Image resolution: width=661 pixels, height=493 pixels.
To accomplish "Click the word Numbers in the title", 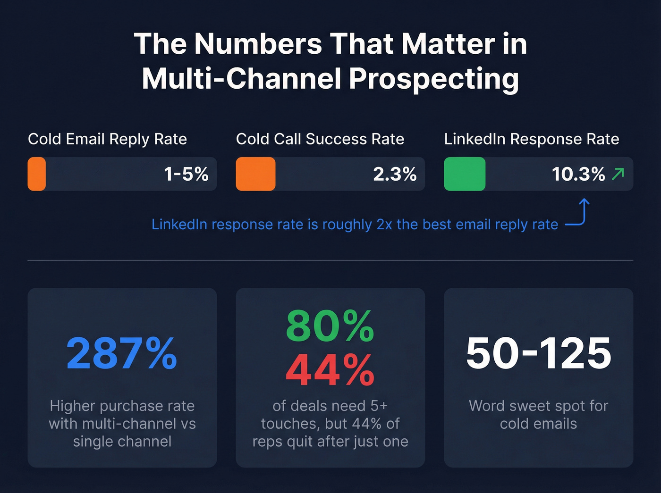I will pos(258,44).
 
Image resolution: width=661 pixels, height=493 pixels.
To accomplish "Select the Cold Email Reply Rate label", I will pos(107,139).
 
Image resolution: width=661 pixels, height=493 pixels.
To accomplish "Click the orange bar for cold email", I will pos(37,174).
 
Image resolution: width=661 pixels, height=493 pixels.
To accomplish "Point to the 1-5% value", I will pos(186,174).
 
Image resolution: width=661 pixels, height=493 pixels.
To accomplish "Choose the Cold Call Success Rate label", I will pos(320,139).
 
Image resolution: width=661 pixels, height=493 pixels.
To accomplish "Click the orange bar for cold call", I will pos(255,174).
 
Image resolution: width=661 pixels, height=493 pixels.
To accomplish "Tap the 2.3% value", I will pos(395,174).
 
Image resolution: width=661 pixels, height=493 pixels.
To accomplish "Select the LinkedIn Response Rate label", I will pos(531,139).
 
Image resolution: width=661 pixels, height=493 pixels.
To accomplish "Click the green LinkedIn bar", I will pos(465,174).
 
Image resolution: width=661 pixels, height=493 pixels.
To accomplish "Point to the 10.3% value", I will pos(578,174).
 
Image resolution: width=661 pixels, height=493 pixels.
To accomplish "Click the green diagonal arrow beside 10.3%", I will pos(618,174).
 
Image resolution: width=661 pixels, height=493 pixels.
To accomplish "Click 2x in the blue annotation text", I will pos(384,225).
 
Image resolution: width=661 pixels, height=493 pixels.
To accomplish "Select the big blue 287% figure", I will pos(122,353).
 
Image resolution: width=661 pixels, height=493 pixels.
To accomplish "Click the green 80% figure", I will pos(330,326).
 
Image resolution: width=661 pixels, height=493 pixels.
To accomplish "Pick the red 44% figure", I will pos(330,371).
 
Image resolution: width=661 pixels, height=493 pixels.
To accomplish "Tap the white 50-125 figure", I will pos(538,353).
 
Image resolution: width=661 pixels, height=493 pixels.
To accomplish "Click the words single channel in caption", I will pos(122,442).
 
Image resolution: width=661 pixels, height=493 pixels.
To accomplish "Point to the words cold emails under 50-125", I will pos(538,424).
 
